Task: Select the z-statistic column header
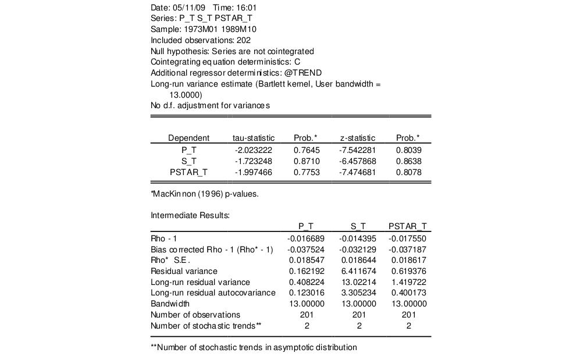click(358, 138)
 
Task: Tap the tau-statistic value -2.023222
click(253, 150)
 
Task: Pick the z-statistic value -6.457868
click(358, 161)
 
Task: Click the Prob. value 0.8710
click(305, 161)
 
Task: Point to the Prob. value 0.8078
click(408, 172)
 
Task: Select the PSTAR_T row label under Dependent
click(188, 172)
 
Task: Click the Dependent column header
click(188, 138)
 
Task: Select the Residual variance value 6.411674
click(359, 271)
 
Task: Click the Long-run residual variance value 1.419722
click(409, 282)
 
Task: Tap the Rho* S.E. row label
click(170, 260)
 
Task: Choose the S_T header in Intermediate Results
click(359, 226)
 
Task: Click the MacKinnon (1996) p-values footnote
click(205, 194)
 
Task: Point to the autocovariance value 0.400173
click(409, 293)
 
